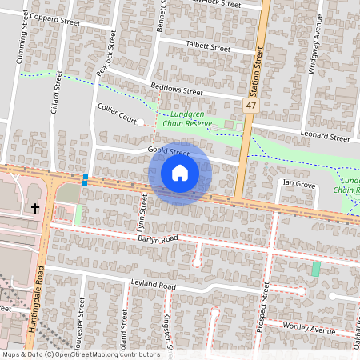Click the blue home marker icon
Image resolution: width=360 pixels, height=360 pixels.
[x=180, y=173]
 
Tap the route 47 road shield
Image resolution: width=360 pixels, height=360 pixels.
[x=251, y=106]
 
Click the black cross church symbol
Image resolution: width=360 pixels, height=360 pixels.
[x=34, y=209]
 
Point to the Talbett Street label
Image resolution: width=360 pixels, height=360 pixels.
[x=208, y=48]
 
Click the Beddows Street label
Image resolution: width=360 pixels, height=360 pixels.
[x=177, y=92]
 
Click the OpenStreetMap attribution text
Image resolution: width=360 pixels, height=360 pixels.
[x=81, y=354]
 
